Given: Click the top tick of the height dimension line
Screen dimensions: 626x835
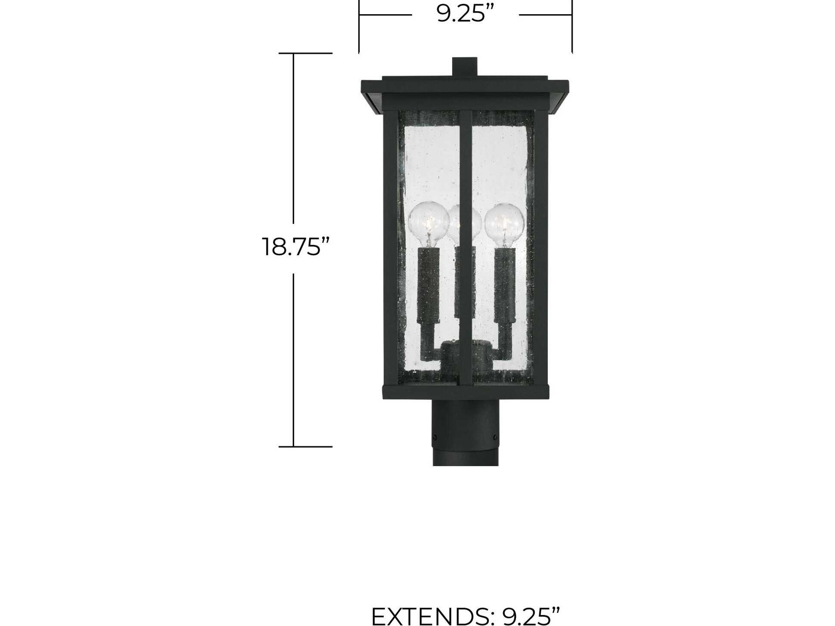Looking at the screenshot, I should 305,53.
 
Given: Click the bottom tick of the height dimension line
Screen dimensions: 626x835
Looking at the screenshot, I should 305,447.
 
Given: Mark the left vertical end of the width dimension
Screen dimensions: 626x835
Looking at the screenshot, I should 359,27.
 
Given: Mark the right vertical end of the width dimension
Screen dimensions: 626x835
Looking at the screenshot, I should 572,27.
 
